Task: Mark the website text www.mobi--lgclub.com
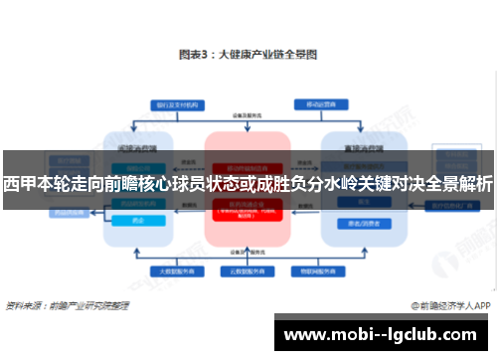click(x=382, y=333)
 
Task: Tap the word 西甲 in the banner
click(x=18, y=185)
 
